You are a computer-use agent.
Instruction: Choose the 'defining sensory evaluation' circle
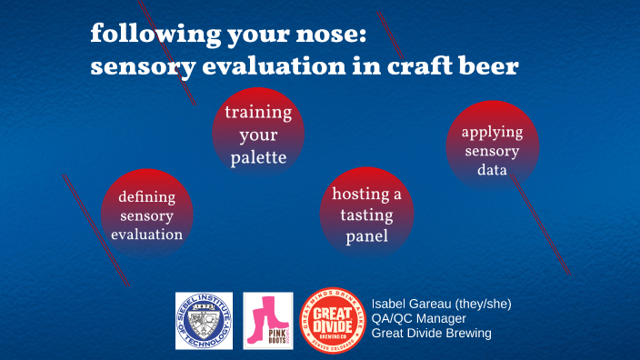click(x=146, y=214)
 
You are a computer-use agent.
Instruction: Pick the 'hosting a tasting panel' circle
click(x=366, y=215)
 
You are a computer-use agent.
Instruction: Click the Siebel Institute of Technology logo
click(x=204, y=320)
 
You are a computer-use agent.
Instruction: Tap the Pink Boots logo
click(x=267, y=320)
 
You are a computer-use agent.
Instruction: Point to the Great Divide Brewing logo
click(x=332, y=320)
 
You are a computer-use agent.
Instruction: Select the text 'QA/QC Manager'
click(x=418, y=318)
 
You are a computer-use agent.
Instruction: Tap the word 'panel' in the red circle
click(x=366, y=236)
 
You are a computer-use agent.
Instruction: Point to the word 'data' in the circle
click(x=492, y=170)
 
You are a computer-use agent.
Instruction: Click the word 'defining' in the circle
click(x=146, y=195)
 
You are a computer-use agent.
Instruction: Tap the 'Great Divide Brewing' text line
click(x=431, y=334)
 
